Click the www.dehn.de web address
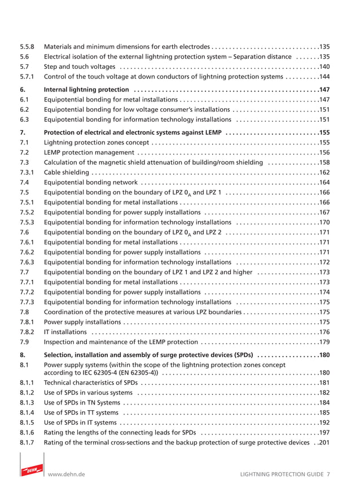pos(67,475)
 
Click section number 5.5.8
pos(27,47)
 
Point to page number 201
pos(323,443)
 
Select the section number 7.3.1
pos(27,173)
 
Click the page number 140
pos(323,67)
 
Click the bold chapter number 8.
pos(23,355)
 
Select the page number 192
pos(323,423)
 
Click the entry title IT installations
pos(65,332)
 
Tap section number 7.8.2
pos(27,332)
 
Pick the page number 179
pos(323,342)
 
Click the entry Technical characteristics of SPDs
pos(90,383)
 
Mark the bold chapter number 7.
pos(23,133)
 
